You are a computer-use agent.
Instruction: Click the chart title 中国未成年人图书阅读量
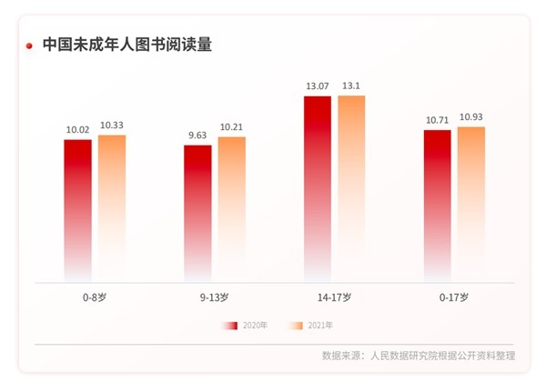click(127, 45)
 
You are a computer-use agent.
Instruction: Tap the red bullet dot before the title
click(30, 45)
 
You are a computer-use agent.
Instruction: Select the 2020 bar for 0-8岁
click(77, 209)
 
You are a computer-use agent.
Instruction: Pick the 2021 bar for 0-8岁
click(112, 207)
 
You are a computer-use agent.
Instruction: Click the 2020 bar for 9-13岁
click(197, 212)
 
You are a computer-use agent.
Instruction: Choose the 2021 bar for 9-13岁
click(232, 208)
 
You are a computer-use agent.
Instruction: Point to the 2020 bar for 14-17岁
click(318, 187)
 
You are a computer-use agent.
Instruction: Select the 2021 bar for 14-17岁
click(351, 186)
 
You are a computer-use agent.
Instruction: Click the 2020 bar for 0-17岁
click(438, 205)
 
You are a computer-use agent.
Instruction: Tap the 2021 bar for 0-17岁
click(471, 203)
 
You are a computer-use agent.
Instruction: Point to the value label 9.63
click(197, 136)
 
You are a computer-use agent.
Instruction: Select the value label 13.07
click(318, 86)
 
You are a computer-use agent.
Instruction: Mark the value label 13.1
click(351, 86)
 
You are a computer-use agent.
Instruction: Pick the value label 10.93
click(471, 118)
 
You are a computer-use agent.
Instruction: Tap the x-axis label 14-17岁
click(335, 297)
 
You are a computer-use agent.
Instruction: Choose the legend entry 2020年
click(247, 325)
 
